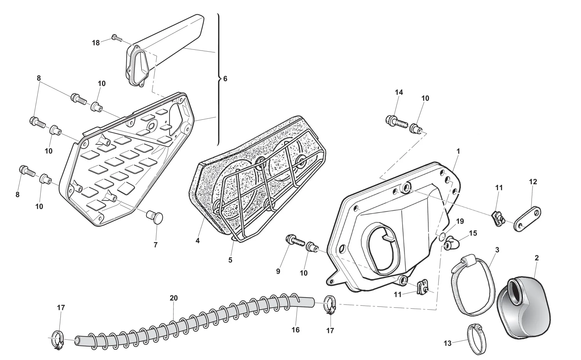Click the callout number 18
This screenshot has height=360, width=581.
(x=96, y=43)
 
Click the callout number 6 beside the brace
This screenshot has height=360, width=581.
(x=225, y=79)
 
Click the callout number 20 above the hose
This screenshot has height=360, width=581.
(x=174, y=298)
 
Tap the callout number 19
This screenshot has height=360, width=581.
(x=460, y=221)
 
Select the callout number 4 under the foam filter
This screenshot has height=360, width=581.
(x=198, y=241)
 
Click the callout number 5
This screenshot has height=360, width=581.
(x=230, y=260)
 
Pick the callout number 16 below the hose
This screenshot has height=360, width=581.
(x=295, y=330)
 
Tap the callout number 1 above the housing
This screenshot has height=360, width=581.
(x=458, y=151)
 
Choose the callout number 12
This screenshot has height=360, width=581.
(x=533, y=182)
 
